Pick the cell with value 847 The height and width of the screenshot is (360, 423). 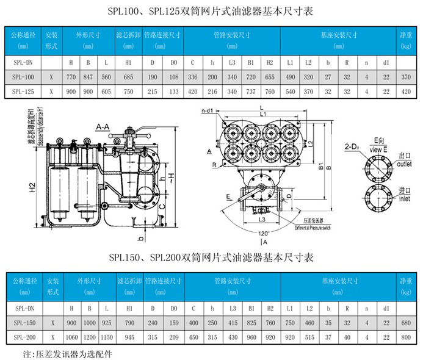pos(89,77)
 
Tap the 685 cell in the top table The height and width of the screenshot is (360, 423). pos(128,77)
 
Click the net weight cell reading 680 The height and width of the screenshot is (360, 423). pos(404,323)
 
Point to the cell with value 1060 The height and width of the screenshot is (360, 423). pos(71,337)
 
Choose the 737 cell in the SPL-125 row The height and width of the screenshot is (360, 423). pos(251,92)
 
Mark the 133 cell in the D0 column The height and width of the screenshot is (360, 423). pos(173,92)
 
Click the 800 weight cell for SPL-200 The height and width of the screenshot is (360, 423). pos(404,337)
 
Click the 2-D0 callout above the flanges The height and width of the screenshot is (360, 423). pos(356,146)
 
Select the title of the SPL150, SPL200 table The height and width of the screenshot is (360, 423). pos(211,258)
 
